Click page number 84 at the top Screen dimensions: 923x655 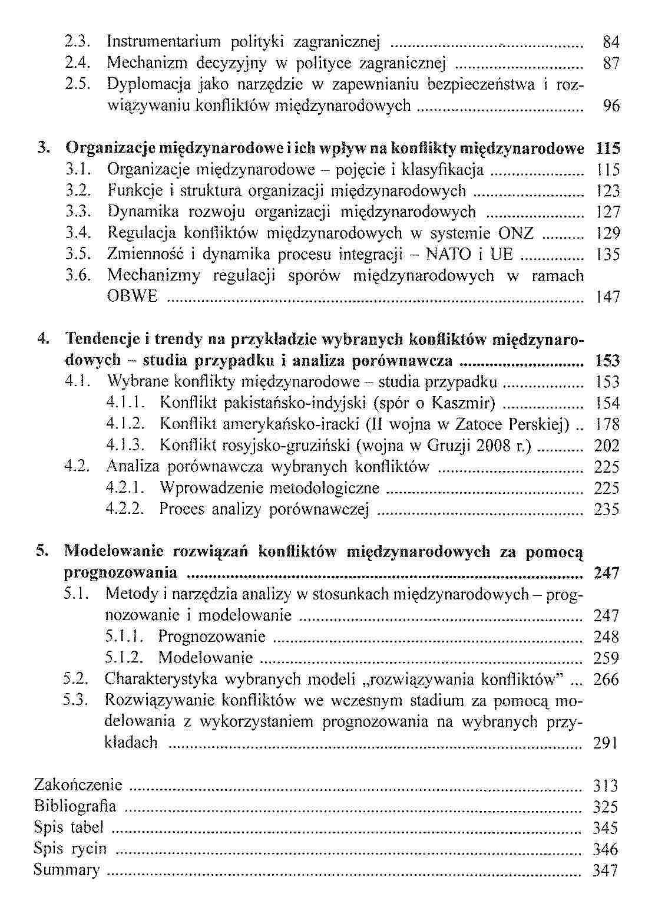[x=611, y=42]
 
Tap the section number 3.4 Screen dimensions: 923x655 [x=78, y=233]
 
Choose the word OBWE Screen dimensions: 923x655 [x=133, y=296]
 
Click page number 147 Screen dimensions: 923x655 [x=608, y=296]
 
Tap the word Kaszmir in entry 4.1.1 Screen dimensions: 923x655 [x=463, y=403]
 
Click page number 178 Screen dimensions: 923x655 [x=607, y=424]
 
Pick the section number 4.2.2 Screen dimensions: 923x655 [x=125, y=509]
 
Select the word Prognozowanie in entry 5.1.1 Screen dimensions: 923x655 [x=212, y=637]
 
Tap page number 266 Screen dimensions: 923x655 [x=606, y=679]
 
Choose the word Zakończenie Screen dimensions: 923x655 [x=78, y=785]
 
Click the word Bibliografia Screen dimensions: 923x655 [x=75, y=806]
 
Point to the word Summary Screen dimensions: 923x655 [x=67, y=870]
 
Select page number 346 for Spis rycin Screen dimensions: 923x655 [x=606, y=849]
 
